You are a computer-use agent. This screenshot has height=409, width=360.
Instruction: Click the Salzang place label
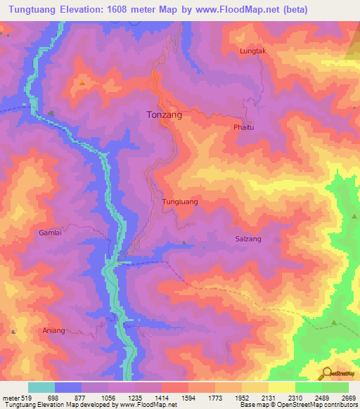click(x=248, y=239)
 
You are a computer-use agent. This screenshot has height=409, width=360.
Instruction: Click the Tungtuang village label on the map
click(x=180, y=202)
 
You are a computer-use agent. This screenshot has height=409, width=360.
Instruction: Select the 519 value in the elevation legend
click(x=26, y=397)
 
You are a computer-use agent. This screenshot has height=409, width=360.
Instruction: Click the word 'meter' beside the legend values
click(x=9, y=397)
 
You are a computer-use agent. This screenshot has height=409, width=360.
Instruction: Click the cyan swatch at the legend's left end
click(x=41, y=387)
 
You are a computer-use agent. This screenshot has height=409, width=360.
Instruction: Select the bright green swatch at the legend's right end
click(x=335, y=387)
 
